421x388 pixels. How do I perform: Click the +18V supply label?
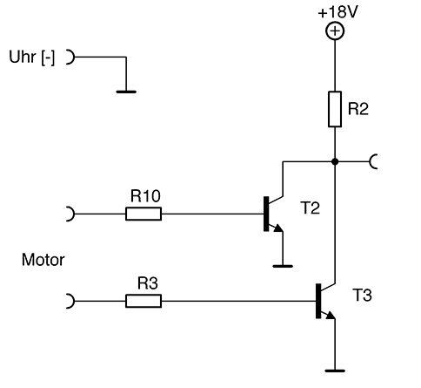pyautogui.click(x=337, y=12)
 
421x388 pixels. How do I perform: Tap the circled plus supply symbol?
pyautogui.click(x=335, y=31)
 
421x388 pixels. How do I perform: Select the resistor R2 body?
pyautogui.click(x=335, y=109)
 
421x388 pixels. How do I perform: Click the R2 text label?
pyautogui.click(x=358, y=109)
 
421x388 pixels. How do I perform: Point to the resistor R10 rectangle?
pyautogui.click(x=144, y=214)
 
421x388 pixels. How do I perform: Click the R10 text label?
pyautogui.click(x=145, y=195)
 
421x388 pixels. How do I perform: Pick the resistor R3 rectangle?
pyautogui.click(x=144, y=301)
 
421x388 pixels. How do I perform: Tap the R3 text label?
pyautogui.click(x=148, y=283)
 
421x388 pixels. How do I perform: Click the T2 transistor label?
pyautogui.click(x=311, y=208)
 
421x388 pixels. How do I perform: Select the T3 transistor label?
pyautogui.click(x=362, y=295)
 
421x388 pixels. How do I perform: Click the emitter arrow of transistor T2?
pyautogui.click(x=277, y=228)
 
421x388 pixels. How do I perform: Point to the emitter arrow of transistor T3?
pyautogui.click(x=330, y=316)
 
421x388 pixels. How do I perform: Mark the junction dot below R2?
pyautogui.click(x=335, y=161)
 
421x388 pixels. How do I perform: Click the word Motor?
pyautogui.click(x=43, y=260)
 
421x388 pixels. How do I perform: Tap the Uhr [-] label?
pyautogui.click(x=32, y=58)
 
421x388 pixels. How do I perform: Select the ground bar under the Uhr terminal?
pyautogui.click(x=126, y=92)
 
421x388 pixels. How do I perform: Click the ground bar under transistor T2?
pyautogui.click(x=283, y=266)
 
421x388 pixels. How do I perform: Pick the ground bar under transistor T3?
pyautogui.click(x=335, y=371)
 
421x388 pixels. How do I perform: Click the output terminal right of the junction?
pyautogui.click(x=373, y=161)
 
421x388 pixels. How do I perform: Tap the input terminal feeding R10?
pyautogui.click(x=70, y=214)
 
